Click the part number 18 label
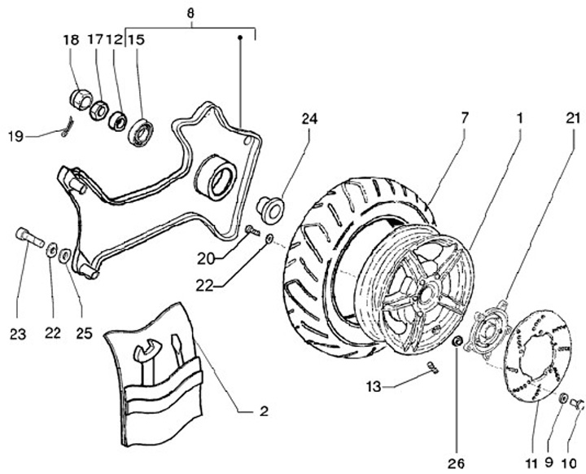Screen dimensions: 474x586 (x=72, y=39)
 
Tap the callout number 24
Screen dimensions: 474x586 (x=310, y=117)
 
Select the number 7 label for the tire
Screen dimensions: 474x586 (x=464, y=118)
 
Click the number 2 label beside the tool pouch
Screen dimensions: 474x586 (x=264, y=410)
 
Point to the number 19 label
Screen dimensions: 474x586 (x=15, y=135)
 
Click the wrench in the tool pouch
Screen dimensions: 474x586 (x=147, y=358)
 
